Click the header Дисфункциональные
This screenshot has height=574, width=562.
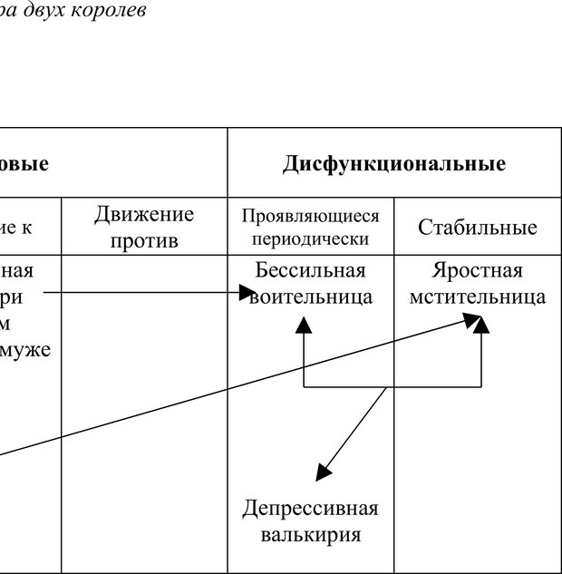(393, 165)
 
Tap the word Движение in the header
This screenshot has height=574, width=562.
(144, 215)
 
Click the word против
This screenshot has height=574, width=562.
(144, 240)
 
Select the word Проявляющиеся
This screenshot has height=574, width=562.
(310, 217)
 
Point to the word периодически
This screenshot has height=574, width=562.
(310, 239)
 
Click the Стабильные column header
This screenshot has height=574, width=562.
(477, 228)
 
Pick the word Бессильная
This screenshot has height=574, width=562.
(310, 271)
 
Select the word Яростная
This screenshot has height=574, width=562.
(477, 271)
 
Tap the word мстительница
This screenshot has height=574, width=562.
(477, 297)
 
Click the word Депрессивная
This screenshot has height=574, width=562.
(310, 508)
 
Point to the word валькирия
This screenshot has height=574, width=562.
(310, 534)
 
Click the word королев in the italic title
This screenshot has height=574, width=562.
(113, 11)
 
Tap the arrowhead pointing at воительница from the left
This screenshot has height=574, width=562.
(247, 293)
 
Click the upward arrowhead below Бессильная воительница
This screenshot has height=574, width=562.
(303, 324)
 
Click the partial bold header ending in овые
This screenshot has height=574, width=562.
(24, 165)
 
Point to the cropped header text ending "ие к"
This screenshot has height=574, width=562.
(15, 228)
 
